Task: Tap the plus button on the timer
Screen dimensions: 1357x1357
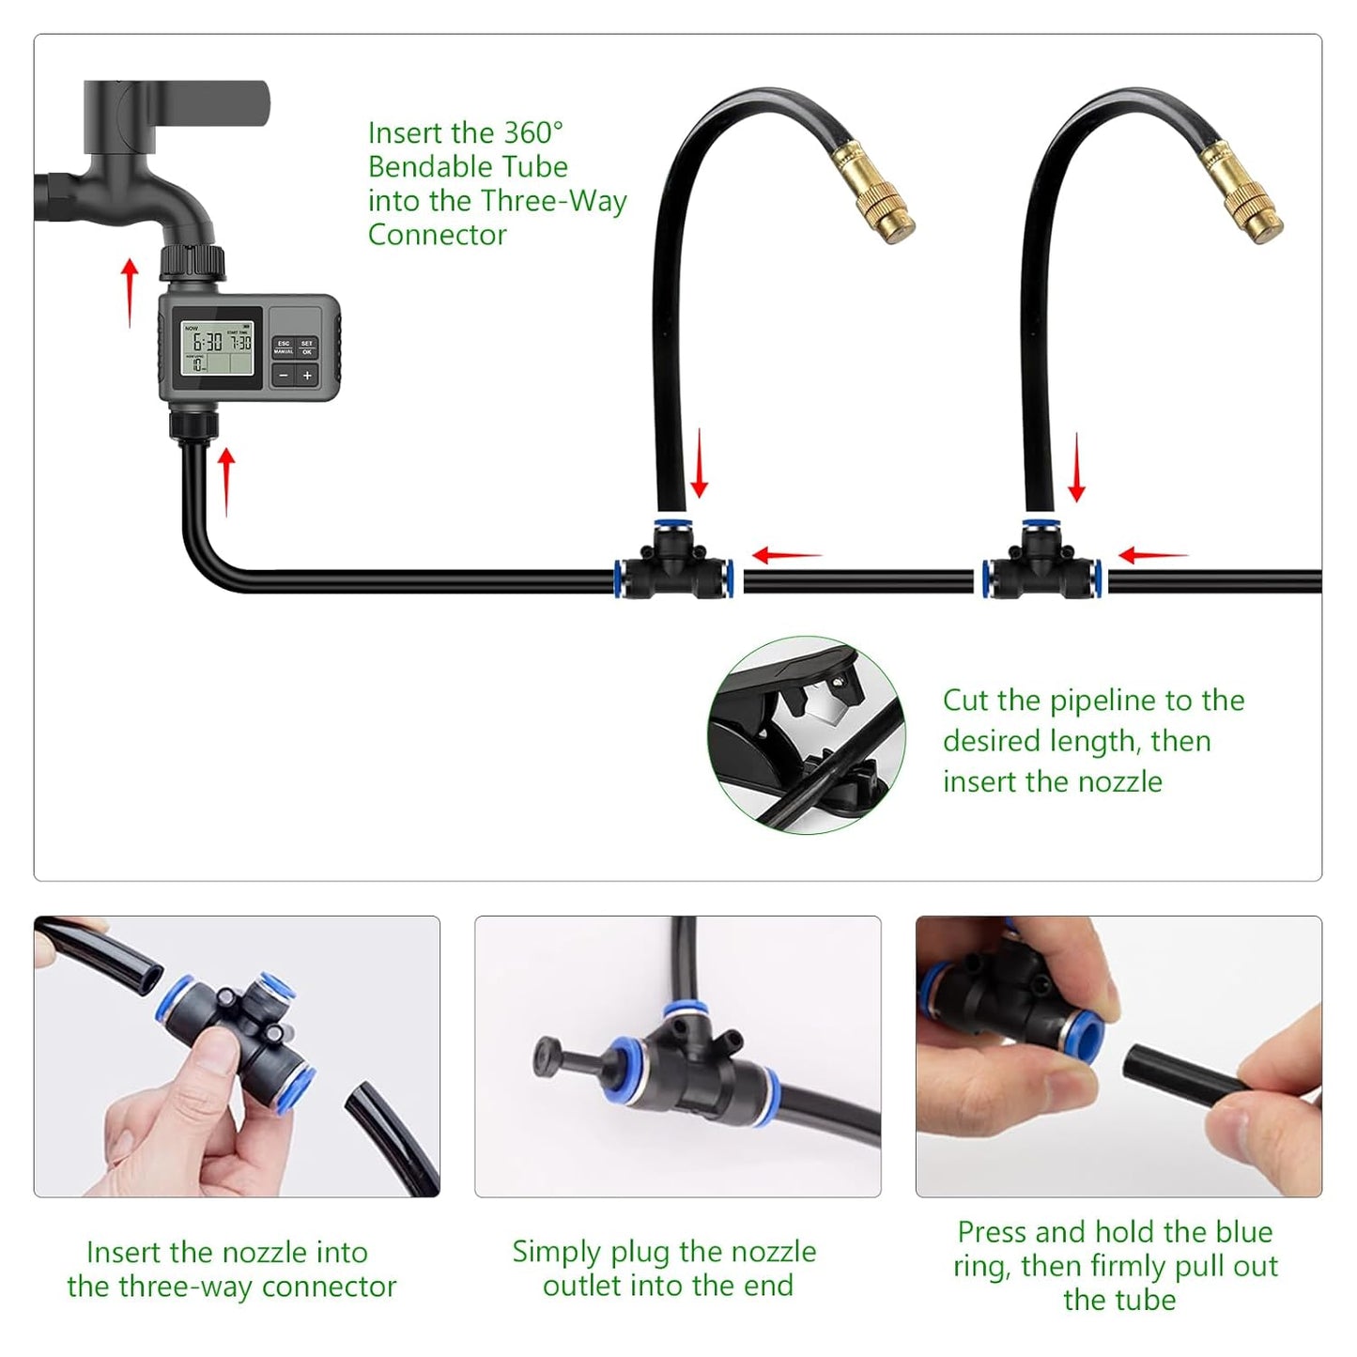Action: point(307,376)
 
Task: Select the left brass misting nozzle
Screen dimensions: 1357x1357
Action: point(872,192)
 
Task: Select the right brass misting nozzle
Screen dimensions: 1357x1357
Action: point(1241,192)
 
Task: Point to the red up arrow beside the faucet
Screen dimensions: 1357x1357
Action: point(130,292)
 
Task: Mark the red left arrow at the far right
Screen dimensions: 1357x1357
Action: point(1153,556)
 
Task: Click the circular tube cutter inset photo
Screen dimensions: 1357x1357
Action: point(806,735)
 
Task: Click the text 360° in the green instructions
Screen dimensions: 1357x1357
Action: point(532,132)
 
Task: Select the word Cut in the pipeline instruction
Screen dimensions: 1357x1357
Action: point(965,701)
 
